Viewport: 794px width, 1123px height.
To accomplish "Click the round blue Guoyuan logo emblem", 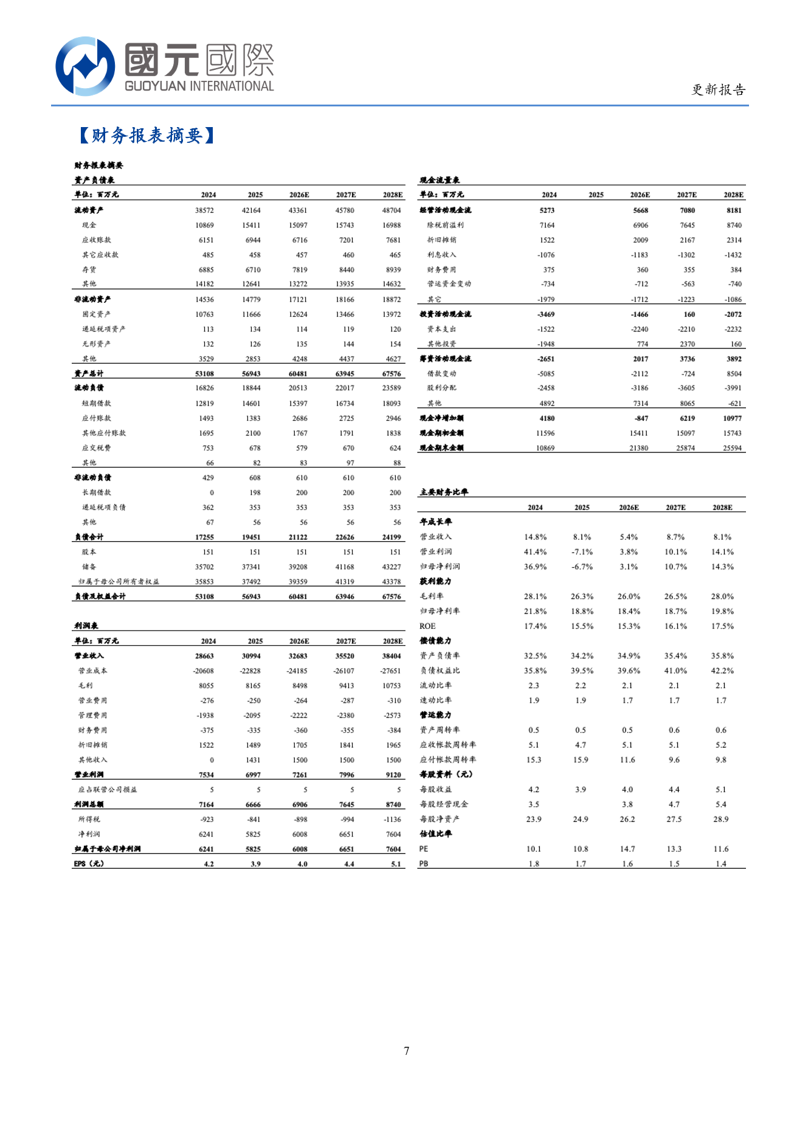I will (85, 66).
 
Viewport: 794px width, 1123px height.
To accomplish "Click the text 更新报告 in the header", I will (718, 90).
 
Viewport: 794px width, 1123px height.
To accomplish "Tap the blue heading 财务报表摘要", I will (147, 135).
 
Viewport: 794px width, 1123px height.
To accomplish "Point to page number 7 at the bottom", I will (406, 1051).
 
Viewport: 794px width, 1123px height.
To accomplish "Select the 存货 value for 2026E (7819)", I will (300, 269).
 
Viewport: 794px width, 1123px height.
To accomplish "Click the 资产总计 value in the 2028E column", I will (392, 374).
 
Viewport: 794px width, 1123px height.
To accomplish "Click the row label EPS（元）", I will (89, 864).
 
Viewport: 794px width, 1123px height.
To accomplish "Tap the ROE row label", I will (427, 626).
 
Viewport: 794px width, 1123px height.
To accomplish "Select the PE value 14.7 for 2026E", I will (627, 849).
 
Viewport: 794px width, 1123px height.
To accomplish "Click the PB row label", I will (424, 864).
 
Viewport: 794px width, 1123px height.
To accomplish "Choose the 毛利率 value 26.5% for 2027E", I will (675, 596).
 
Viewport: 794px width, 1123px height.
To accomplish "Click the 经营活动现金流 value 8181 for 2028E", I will (734, 210).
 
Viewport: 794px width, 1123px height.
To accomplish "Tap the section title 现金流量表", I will (440, 180).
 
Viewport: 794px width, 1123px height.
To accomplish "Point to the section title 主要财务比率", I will (444, 492).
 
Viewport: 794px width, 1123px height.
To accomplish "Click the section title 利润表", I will (86, 626).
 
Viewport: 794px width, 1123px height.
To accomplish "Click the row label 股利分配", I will (441, 388).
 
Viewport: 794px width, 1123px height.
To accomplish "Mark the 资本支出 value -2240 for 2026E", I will (640, 330).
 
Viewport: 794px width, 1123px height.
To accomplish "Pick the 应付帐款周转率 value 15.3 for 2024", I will (534, 760).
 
